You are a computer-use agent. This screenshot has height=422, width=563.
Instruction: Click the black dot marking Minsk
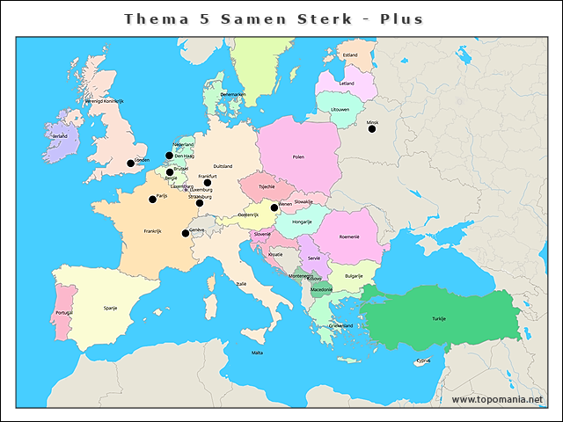click(372, 129)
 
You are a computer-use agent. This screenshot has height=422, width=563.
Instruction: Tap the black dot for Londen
click(131, 163)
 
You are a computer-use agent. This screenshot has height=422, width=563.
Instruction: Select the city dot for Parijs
click(153, 199)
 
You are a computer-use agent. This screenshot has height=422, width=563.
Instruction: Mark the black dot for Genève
click(186, 233)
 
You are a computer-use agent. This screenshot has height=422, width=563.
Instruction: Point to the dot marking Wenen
click(274, 207)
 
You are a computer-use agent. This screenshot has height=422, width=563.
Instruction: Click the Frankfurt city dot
click(208, 183)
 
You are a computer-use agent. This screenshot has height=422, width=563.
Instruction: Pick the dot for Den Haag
click(170, 156)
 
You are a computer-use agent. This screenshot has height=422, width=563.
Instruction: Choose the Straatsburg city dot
click(200, 203)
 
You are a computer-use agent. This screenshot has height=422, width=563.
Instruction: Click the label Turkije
click(438, 318)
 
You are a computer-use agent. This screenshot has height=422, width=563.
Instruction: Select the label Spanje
click(111, 309)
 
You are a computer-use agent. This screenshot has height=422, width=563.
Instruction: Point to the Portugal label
click(63, 312)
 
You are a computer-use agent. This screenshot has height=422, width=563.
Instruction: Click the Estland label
click(350, 55)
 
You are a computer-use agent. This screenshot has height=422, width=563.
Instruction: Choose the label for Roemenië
click(350, 237)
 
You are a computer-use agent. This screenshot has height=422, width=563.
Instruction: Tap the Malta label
click(257, 353)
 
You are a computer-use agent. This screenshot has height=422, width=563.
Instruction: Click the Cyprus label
click(424, 360)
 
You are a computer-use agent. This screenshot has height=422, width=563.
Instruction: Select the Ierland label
click(60, 136)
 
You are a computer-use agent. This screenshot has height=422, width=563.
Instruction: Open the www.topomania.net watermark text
click(497, 399)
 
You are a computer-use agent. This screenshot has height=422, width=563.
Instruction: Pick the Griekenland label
click(340, 325)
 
